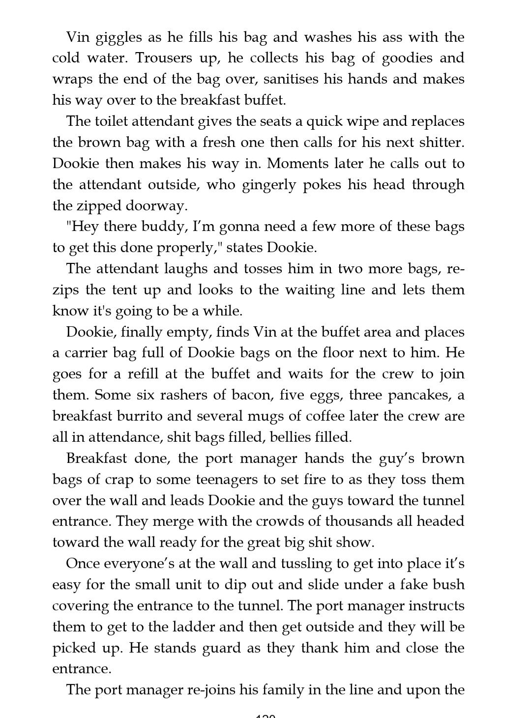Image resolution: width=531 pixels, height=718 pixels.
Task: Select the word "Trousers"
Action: pyautogui.click(x=164, y=58)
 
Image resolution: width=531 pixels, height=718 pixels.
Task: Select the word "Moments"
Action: pyautogui.click(x=305, y=164)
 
